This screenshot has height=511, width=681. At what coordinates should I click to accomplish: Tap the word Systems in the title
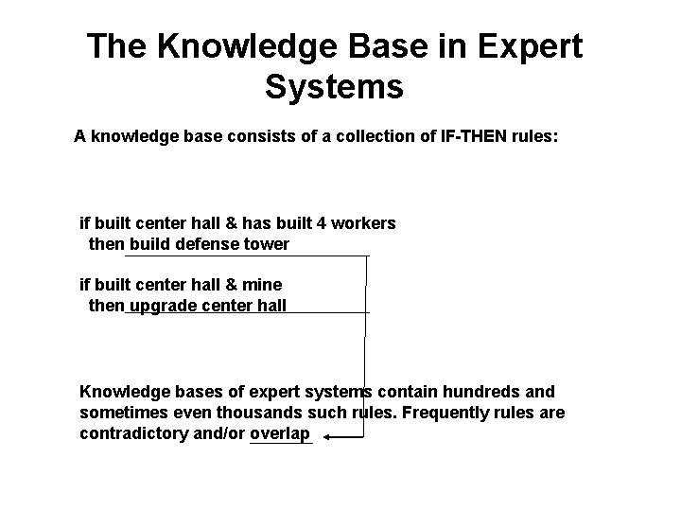click(334, 87)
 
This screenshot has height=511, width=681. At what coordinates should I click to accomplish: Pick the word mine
click(263, 284)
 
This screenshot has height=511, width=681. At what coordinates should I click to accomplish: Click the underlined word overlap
click(280, 433)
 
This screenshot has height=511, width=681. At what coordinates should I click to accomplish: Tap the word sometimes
click(123, 413)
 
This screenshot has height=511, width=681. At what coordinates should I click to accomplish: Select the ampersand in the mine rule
click(234, 284)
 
